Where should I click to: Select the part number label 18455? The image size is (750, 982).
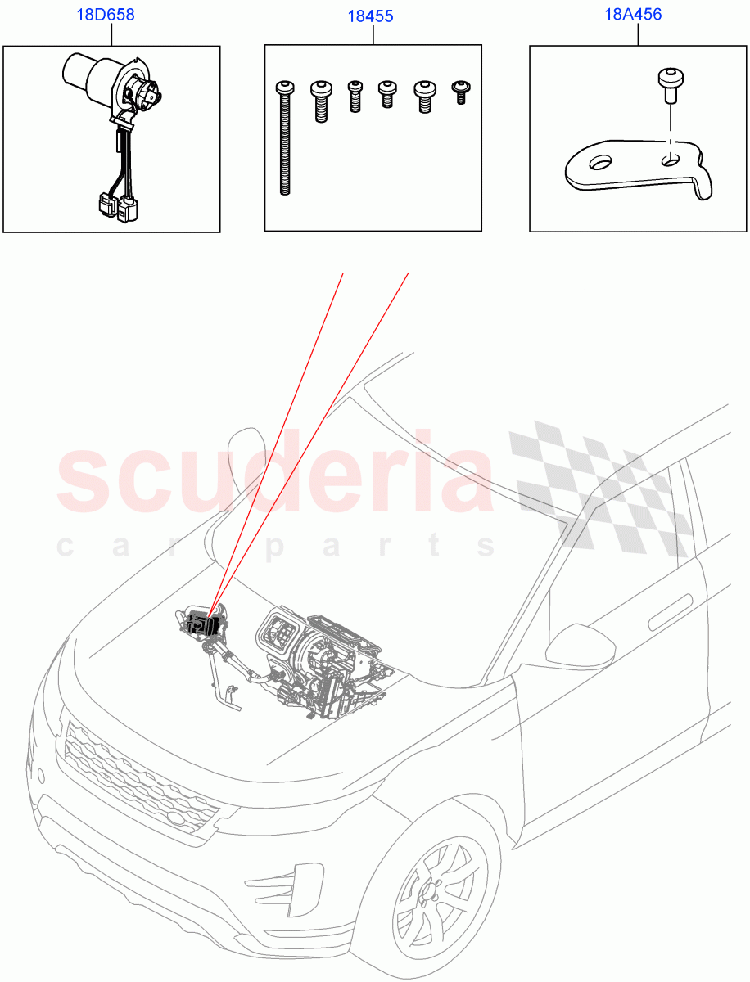[x=373, y=16]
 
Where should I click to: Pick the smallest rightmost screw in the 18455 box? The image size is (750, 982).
[x=460, y=91]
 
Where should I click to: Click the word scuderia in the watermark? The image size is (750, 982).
[x=274, y=479]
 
